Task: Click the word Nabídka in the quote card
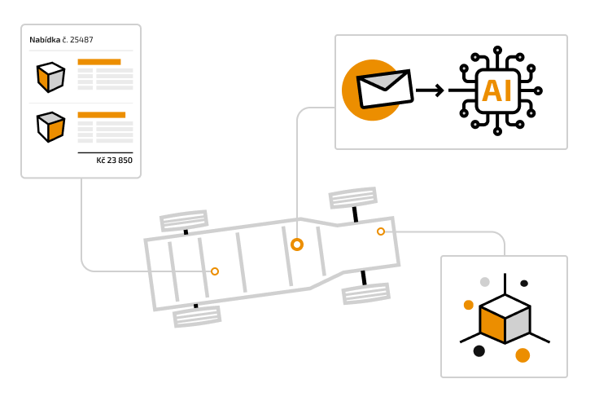coord(45,40)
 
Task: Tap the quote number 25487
coord(82,40)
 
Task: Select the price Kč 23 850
coord(114,161)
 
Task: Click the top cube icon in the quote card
coord(50,77)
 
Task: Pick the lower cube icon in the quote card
coord(50,126)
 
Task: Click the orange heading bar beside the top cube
coord(99,62)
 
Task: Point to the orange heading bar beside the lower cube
coord(102,115)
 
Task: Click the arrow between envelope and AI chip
coord(431,90)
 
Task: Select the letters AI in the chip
coord(496,90)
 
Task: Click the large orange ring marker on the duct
coord(297,244)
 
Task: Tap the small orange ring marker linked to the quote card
coord(215,271)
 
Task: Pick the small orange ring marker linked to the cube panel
coord(381,231)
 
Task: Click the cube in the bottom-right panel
coord(505,319)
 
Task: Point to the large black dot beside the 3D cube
coord(479,350)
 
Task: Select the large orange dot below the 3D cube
coord(522,355)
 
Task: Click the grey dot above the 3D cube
coord(485,282)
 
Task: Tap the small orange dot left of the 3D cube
coord(469,305)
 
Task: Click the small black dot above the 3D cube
coord(524,284)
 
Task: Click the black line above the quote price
coord(105,152)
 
